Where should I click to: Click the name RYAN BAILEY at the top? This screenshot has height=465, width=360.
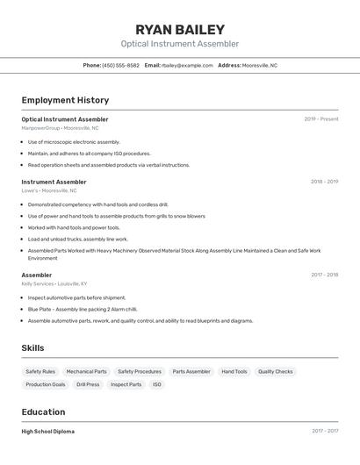tap(180, 29)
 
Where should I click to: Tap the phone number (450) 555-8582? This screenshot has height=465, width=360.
tap(120, 65)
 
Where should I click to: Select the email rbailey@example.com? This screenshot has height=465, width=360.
tap(187, 65)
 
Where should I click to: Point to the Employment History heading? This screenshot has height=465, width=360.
tap(65, 100)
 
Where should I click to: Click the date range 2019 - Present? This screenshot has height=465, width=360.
tap(320, 119)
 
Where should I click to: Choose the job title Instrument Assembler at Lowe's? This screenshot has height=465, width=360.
tap(54, 182)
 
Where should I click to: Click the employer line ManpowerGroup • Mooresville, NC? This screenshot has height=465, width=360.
tap(60, 128)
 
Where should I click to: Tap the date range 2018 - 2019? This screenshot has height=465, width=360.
tap(324, 182)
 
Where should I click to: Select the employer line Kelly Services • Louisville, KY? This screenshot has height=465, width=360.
tap(54, 284)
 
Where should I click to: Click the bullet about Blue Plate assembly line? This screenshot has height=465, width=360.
tap(83, 309)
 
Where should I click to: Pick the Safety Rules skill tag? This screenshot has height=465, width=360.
tap(40, 371)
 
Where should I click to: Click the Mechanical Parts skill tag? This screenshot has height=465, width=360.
tap(86, 371)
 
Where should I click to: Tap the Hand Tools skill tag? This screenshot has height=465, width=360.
tap(234, 371)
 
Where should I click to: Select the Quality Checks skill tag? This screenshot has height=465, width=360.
tap(276, 371)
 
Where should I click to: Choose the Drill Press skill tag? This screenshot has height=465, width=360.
tap(88, 384)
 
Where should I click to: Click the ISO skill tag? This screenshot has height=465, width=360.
tap(157, 384)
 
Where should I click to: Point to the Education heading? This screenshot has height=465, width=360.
tap(43, 411)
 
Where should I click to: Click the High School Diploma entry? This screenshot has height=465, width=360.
tap(47, 432)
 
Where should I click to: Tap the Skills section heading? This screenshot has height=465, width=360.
tap(32, 348)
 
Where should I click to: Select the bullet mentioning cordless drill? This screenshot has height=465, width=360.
tap(97, 204)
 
